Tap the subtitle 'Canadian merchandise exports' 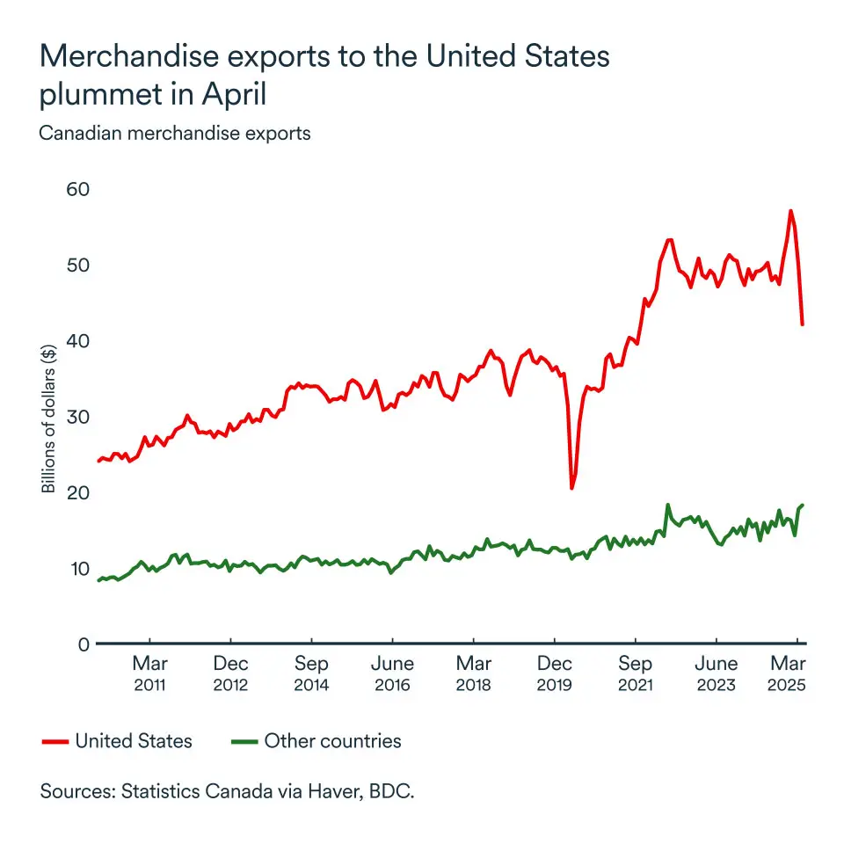click(x=175, y=135)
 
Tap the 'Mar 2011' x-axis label click(x=150, y=673)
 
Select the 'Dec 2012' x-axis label click(x=231, y=673)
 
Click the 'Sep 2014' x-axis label click(x=312, y=673)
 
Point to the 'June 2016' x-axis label click(x=393, y=673)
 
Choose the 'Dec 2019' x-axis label click(x=555, y=673)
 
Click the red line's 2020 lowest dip click(x=572, y=488)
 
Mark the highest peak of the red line click(x=790, y=211)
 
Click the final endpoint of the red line click(x=803, y=324)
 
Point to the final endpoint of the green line click(x=803, y=505)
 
